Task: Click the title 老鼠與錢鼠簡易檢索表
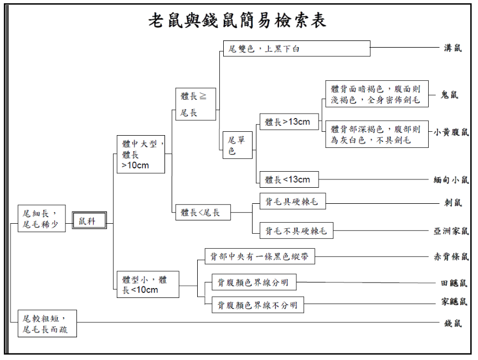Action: tap(239, 20)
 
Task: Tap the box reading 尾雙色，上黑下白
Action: tap(296, 49)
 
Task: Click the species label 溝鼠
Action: tap(453, 49)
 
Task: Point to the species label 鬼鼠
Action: tap(449, 95)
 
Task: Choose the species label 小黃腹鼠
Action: tap(451, 132)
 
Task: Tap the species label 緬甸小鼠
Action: tap(451, 179)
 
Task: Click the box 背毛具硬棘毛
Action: tap(292, 202)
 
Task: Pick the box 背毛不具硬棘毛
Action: tap(296, 230)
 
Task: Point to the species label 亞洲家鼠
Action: tap(451, 231)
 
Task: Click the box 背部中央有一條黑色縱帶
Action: tap(259, 256)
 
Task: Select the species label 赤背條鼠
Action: tap(451, 256)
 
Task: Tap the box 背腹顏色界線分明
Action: tap(253, 283)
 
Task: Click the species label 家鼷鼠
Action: tap(454, 302)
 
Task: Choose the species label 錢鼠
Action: tap(453, 323)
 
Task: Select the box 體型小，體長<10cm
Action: tap(147, 285)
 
